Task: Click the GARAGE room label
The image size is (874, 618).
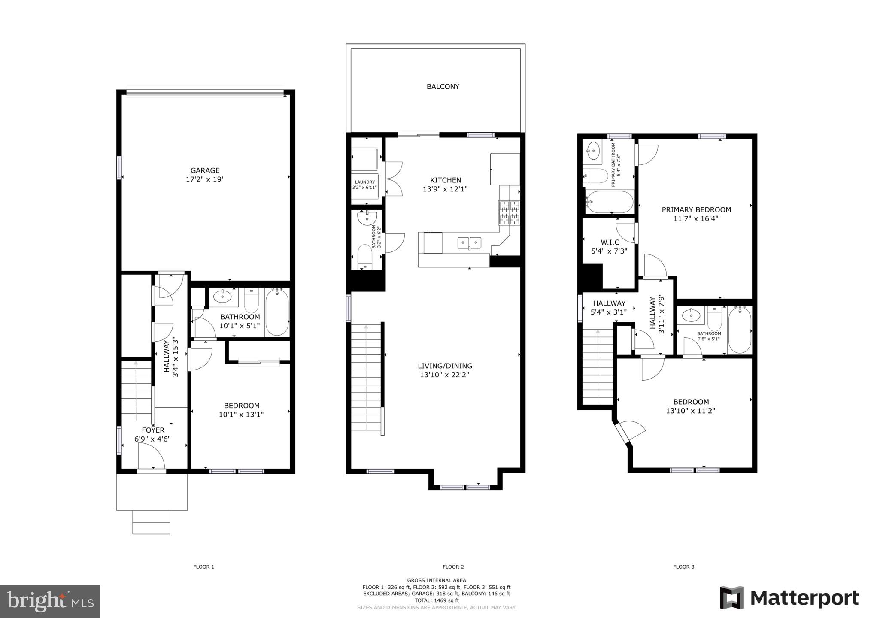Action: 205,170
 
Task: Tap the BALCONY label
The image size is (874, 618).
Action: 443,87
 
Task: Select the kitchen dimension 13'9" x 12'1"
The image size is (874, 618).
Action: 446,189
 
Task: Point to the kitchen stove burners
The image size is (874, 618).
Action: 510,213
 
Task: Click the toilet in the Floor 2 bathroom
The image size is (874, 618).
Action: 364,256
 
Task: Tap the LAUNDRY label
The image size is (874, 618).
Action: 364,182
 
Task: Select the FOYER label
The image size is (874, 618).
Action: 153,430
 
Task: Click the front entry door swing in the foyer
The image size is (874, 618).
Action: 152,456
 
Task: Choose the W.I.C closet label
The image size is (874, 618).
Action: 610,242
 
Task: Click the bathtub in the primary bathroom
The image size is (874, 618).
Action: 610,202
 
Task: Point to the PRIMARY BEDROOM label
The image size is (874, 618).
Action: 696,210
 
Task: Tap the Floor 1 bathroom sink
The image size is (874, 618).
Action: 223,296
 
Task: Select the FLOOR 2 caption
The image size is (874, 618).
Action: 453,567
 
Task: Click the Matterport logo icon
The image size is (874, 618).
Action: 731,597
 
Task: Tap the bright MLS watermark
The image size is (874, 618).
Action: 50,601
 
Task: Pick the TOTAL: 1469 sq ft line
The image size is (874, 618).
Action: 436,600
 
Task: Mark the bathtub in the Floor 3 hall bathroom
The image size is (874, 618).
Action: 739,330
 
